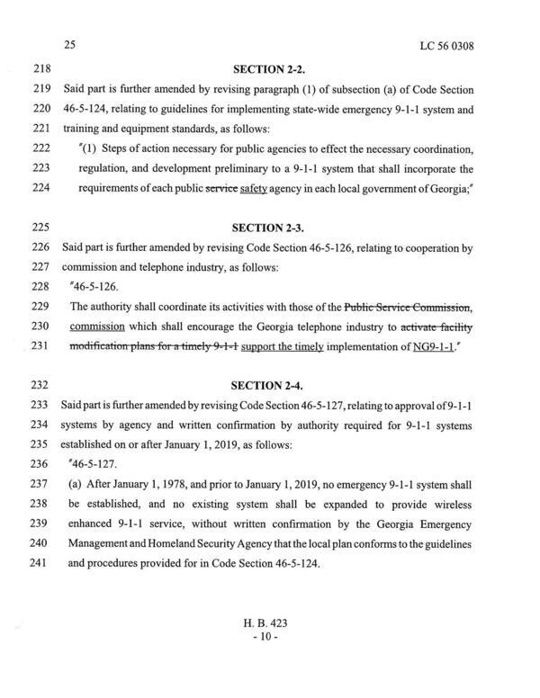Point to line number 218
(30, 68)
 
